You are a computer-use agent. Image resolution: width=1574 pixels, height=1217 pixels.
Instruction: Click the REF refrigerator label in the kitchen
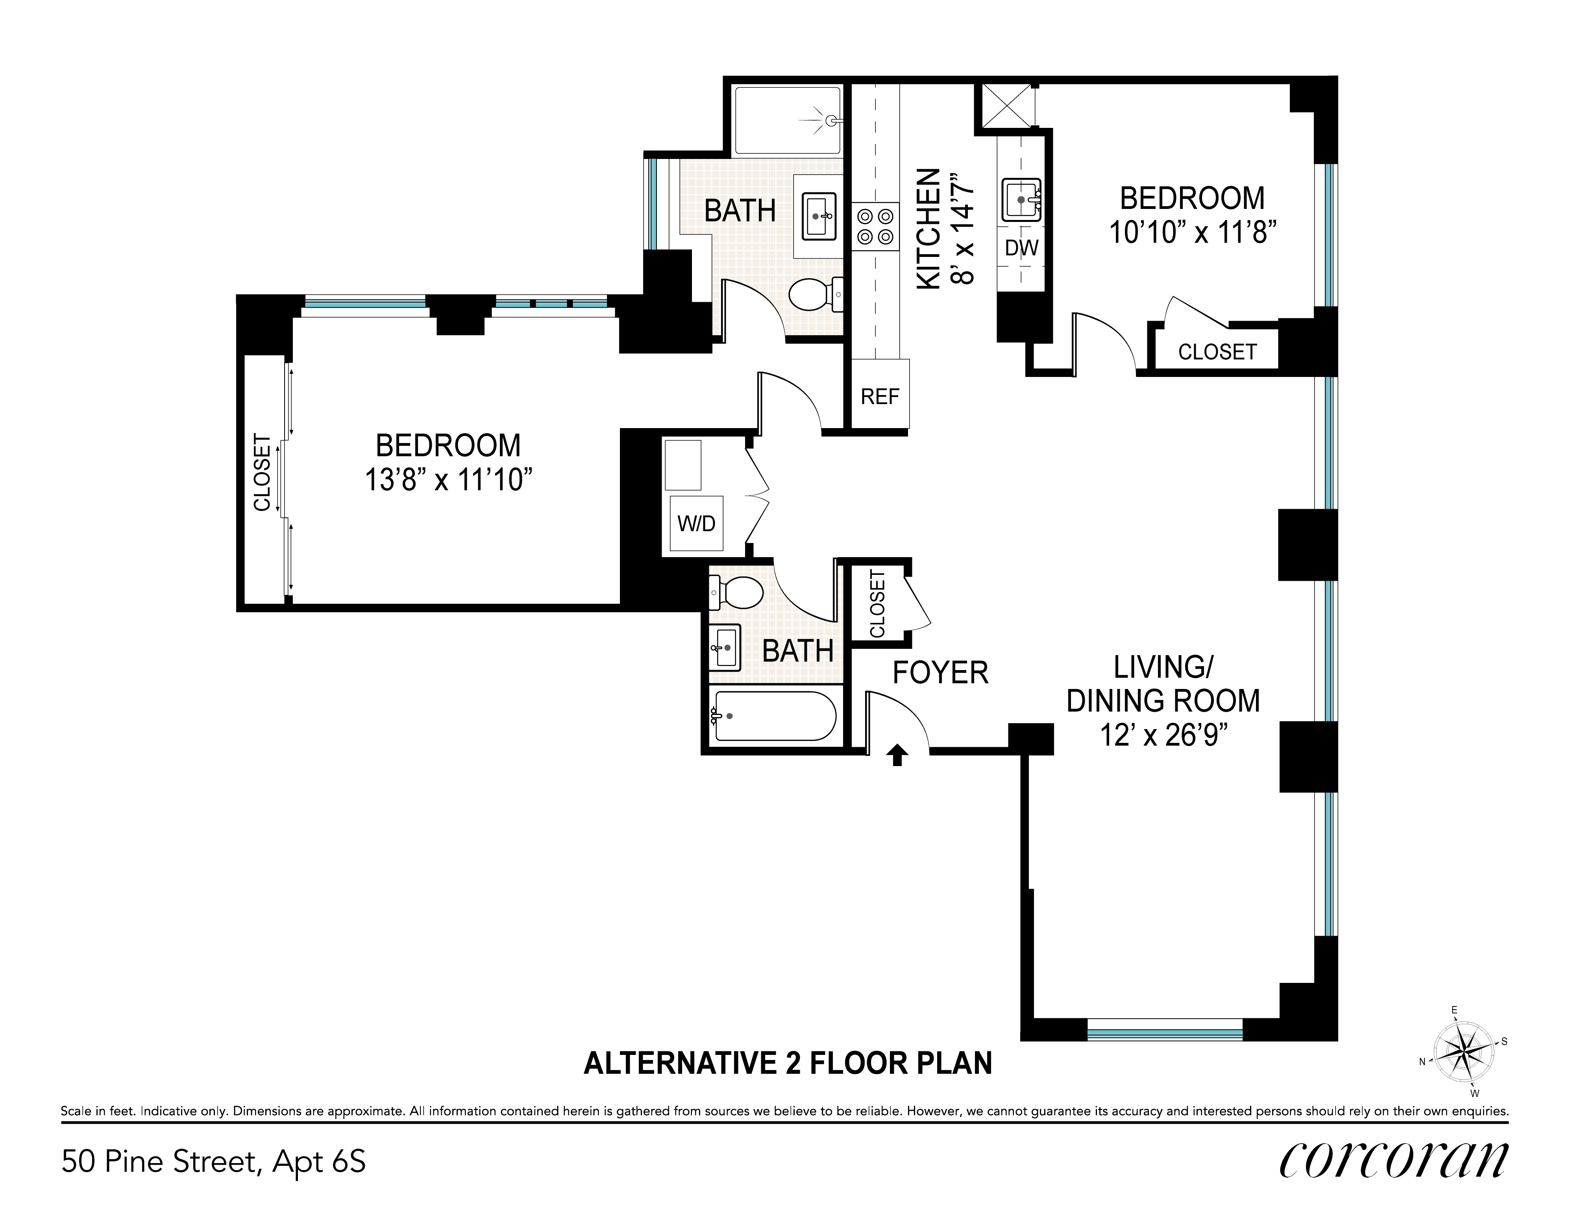(x=880, y=396)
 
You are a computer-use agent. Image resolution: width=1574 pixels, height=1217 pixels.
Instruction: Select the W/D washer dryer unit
(x=696, y=523)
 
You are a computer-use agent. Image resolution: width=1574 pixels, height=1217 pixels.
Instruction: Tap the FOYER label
(x=941, y=673)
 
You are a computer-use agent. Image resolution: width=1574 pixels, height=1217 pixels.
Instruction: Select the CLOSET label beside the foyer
(x=877, y=604)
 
